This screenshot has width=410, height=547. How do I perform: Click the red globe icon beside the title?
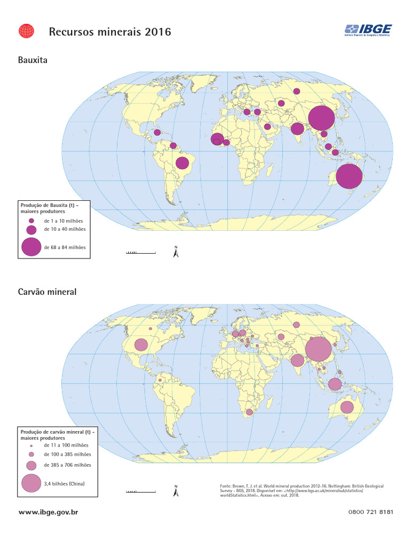click(x=26, y=32)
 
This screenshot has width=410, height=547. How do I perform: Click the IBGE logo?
click(x=368, y=30)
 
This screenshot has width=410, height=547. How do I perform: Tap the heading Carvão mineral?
click(x=48, y=292)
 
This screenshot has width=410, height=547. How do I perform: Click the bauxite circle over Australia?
click(x=349, y=176)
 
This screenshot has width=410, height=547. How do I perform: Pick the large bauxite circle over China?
click(x=322, y=118)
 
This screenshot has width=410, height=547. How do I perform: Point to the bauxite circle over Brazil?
click(x=182, y=163)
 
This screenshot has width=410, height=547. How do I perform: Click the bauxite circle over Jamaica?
click(x=157, y=132)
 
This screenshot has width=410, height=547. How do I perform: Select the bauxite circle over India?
click(x=297, y=128)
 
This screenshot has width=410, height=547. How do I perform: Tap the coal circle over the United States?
click(x=141, y=345)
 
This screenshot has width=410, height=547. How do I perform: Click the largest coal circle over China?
click(x=319, y=349)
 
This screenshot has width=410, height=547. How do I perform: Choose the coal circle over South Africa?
click(x=249, y=412)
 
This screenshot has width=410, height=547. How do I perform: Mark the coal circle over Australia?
click(x=347, y=408)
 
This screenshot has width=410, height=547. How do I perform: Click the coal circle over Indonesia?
click(x=335, y=384)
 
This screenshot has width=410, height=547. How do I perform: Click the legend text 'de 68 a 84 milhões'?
click(x=65, y=247)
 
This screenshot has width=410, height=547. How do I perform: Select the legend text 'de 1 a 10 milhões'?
click(x=63, y=221)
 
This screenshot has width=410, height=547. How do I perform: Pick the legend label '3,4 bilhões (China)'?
click(x=64, y=483)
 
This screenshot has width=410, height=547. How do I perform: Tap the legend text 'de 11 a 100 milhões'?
click(x=66, y=444)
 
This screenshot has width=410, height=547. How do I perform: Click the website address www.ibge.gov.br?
click(x=49, y=512)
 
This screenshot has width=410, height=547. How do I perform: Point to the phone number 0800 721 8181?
click(x=370, y=512)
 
